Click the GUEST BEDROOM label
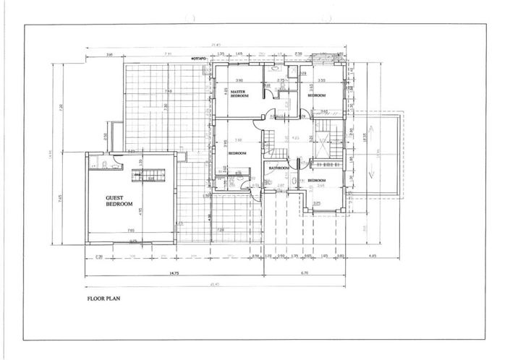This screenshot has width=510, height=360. pos(120,201)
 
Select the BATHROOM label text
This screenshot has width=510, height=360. pos(279,168)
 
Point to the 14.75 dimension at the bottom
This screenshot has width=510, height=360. pos(174,273)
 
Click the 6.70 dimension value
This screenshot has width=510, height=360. pos(304,273)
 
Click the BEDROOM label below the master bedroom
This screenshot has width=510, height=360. pos(239,153)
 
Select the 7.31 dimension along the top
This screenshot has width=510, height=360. pos(167,54)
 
